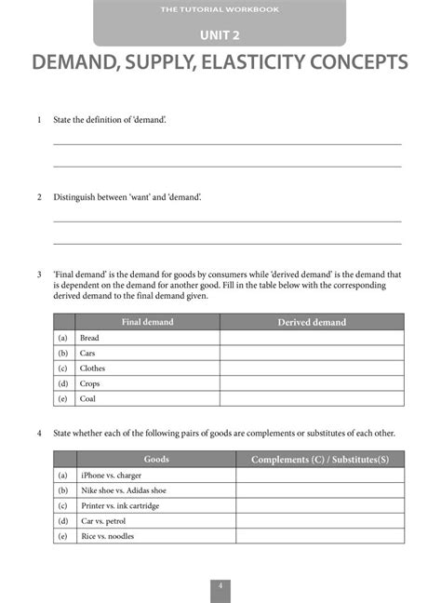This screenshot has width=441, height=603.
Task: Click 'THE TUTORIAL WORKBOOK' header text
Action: [x=220, y=9]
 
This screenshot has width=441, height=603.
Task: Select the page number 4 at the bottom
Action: [x=220, y=585]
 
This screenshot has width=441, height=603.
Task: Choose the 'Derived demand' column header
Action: [x=312, y=322]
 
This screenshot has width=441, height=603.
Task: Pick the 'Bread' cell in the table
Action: [x=89, y=338]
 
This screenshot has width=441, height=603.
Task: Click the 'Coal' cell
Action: [x=88, y=398]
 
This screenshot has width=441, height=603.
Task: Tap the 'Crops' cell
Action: [x=90, y=383]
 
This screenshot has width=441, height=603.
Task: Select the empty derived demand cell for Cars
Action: [x=312, y=354]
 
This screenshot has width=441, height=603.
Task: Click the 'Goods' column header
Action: [x=156, y=460]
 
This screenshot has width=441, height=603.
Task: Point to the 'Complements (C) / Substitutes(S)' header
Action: [x=320, y=460]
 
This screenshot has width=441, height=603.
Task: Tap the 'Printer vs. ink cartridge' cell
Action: [x=120, y=505]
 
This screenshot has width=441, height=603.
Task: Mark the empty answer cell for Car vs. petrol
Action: [x=320, y=521]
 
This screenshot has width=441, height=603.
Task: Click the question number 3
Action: [x=39, y=275]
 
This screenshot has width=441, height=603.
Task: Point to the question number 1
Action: [x=39, y=121]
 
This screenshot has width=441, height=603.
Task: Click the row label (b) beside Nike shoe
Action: [x=63, y=490]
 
